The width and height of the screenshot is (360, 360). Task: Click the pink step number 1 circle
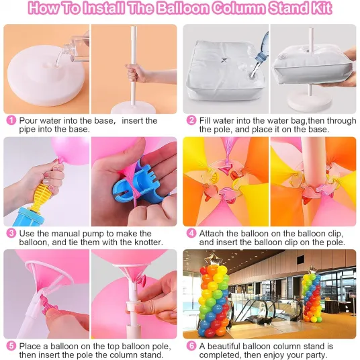[11, 120]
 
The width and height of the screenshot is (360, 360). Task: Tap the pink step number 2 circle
[191, 120]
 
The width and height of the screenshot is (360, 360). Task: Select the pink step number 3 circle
[11, 234]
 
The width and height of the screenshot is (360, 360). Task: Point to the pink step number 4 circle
[191, 234]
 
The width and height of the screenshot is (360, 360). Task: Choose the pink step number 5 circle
[11, 346]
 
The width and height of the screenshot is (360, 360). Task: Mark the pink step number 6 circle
[191, 346]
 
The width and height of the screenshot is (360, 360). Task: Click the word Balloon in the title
[183, 8]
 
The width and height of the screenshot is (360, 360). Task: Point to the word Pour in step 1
[28, 120]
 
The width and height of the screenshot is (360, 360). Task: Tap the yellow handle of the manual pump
[40, 195]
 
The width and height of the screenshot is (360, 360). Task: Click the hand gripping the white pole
[135, 73]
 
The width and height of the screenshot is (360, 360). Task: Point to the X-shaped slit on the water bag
[224, 60]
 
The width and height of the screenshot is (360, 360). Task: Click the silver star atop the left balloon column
[211, 260]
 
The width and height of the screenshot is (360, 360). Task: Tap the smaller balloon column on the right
[312, 296]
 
